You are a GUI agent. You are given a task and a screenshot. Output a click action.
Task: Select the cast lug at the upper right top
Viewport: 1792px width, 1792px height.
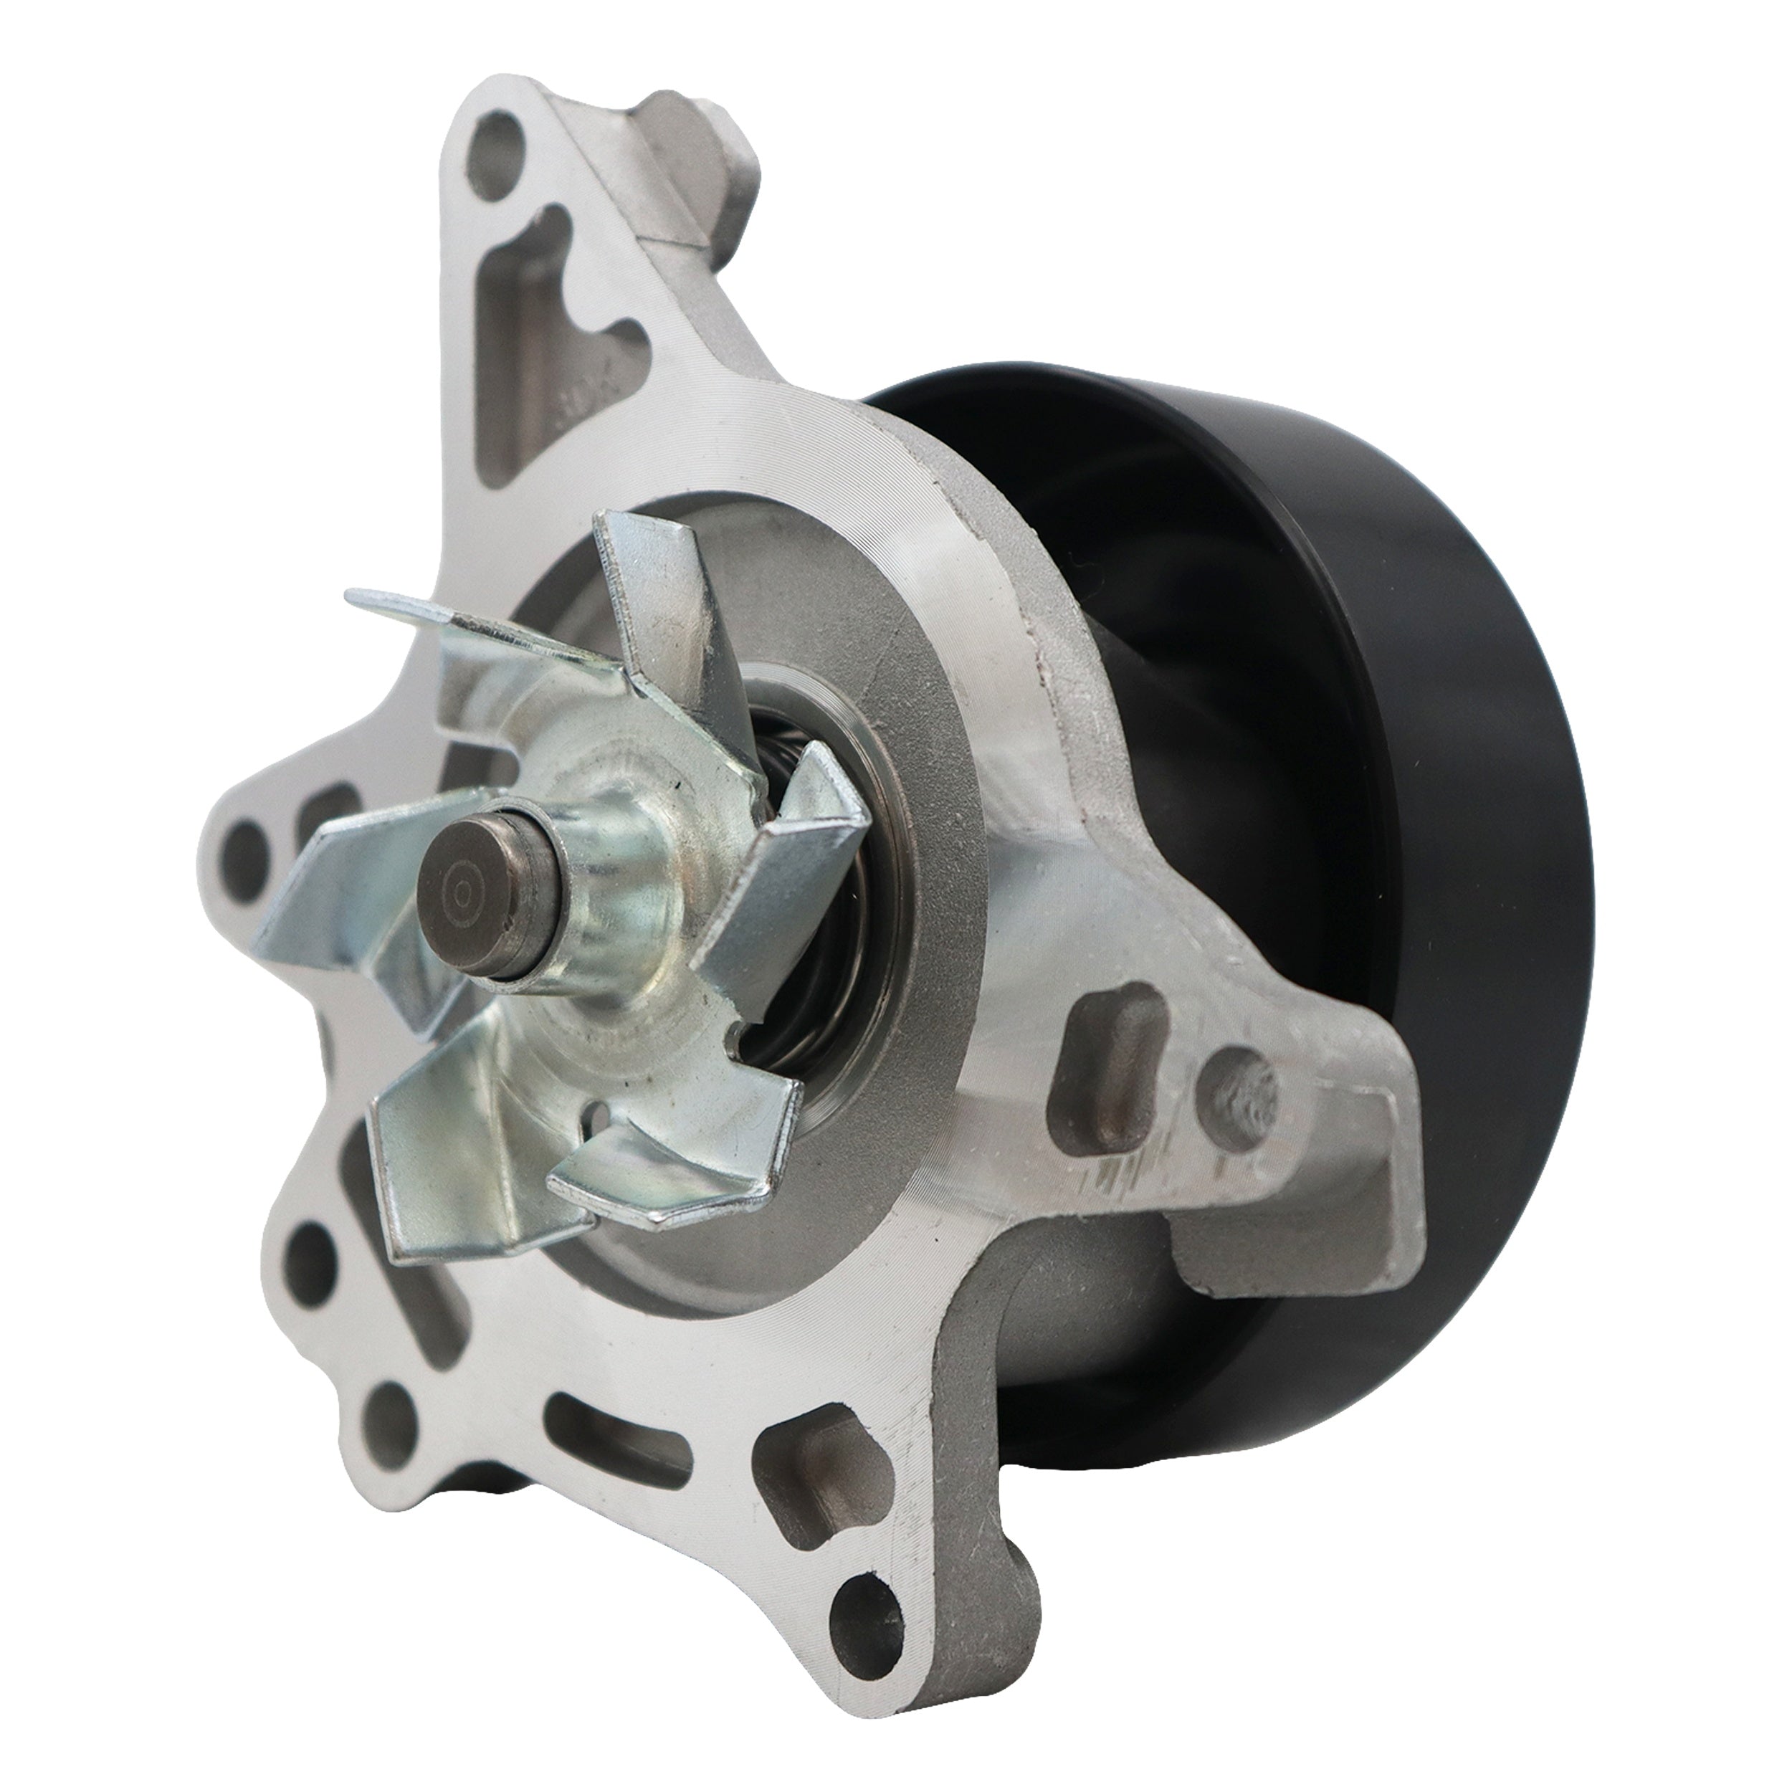pos(705,158)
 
